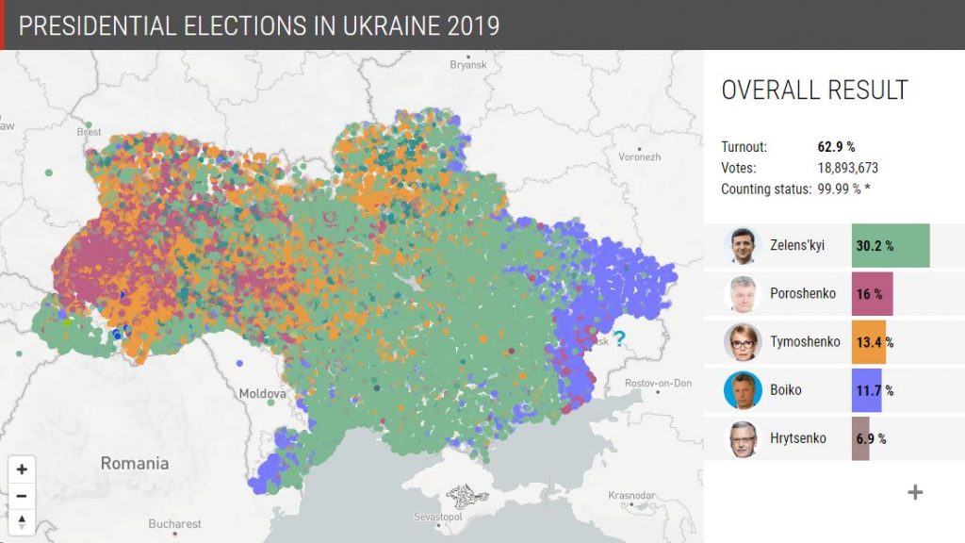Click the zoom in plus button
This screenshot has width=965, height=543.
[22, 469]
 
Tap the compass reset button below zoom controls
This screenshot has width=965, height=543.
[22, 521]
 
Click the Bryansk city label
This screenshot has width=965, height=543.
[467, 64]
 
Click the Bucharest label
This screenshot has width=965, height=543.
[174, 523]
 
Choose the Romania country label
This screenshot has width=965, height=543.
[135, 463]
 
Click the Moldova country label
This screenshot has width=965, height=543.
[262, 393]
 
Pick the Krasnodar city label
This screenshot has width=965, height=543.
[630, 495]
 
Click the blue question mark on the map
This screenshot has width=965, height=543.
[619, 338]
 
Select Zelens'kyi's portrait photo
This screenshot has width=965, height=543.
[743, 246]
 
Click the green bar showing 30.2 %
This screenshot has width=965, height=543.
[890, 246]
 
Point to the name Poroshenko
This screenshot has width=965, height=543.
[802, 293]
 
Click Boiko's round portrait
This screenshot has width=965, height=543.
[743, 390]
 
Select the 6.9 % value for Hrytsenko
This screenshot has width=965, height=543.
[870, 438]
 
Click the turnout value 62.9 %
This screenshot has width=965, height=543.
[836, 147]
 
